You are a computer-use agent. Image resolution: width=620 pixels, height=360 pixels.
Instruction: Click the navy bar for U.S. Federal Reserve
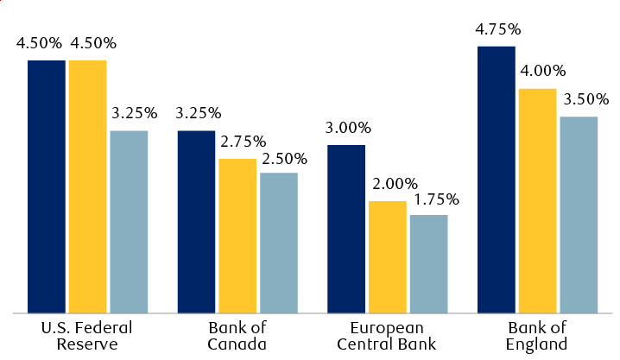point(47,186)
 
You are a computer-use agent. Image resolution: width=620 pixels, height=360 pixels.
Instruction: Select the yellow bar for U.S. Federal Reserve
point(88,186)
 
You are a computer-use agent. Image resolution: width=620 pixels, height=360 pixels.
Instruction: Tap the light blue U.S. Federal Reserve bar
point(129,222)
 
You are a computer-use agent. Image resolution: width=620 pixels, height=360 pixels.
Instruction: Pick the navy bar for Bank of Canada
point(196,222)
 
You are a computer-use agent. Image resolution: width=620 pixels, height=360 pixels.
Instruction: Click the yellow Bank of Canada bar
point(237,236)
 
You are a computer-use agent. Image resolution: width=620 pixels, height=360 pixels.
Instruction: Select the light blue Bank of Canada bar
point(279,243)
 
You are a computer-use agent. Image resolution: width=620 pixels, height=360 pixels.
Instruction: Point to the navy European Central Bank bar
point(346,229)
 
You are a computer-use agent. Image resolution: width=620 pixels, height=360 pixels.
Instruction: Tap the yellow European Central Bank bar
point(388,256)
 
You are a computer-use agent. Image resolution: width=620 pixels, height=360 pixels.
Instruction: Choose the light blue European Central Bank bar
point(428,263)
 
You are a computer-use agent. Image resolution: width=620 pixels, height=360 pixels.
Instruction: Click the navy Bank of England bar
point(497,180)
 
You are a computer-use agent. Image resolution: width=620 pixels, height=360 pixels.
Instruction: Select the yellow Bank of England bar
point(537,200)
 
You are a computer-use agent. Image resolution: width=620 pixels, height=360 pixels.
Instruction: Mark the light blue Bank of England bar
point(579,215)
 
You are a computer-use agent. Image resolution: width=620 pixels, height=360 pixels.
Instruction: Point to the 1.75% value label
point(435,199)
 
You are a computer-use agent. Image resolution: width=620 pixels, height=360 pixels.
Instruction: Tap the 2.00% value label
point(395,184)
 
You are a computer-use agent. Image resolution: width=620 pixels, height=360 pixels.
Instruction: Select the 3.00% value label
point(348,129)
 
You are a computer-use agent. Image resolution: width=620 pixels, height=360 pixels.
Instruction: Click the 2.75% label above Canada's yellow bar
point(244,142)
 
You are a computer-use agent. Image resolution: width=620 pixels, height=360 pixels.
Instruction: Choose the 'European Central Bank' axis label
point(387,337)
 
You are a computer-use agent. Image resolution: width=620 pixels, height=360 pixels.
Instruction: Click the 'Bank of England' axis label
point(537,337)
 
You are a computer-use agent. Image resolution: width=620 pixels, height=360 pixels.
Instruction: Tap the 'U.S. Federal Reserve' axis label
point(87,337)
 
